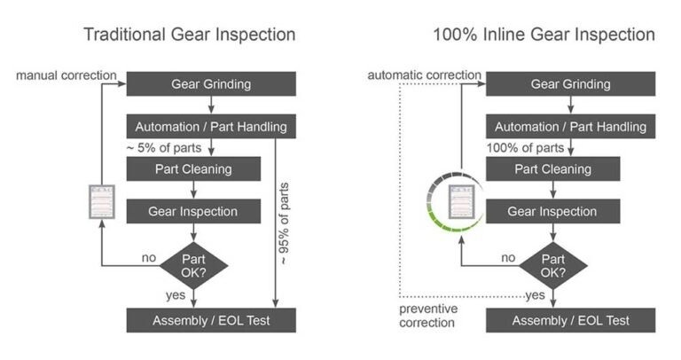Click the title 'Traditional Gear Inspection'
tap(189, 35)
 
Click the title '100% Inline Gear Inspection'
tap(544, 35)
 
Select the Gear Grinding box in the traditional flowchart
tap(210, 83)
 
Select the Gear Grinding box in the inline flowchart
tap(570, 83)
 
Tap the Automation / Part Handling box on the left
tap(210, 126)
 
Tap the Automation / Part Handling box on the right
tap(570, 126)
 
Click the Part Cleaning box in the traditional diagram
tap(193, 168)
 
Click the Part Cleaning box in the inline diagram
tap(552, 168)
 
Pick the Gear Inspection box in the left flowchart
tap(193, 212)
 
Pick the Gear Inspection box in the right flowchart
tap(552, 212)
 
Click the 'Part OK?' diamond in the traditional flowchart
tap(193, 263)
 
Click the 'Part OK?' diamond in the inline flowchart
tap(552, 263)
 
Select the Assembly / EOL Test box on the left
tap(210, 320)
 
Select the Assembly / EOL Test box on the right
tap(570, 320)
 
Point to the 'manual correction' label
tap(66, 75)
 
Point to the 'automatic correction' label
tap(425, 75)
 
